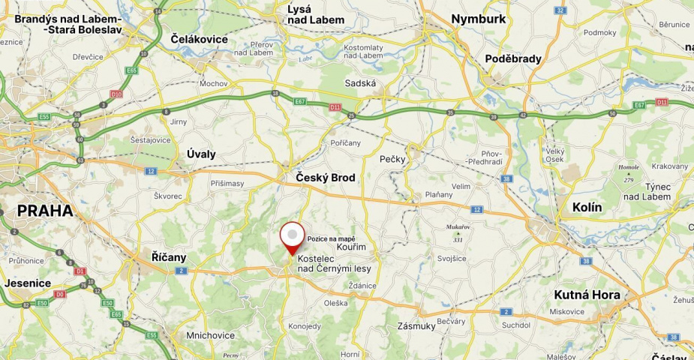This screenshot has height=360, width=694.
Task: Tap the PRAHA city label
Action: pos(46,211)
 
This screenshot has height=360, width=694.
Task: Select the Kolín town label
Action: pos(587,207)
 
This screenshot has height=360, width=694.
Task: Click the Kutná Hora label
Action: pos(587,295)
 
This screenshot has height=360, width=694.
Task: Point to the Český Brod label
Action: pos(325,178)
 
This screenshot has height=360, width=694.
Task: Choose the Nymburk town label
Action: pos(478,19)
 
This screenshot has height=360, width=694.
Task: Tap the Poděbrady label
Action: pos(513,58)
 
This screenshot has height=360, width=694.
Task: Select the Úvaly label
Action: pos(200,154)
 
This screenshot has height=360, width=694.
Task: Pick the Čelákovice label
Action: pos(200,38)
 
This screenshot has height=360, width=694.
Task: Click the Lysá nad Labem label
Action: pos(316,14)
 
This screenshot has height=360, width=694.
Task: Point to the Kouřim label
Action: pos(351,246)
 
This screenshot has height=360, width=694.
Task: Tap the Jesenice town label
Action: pos(28,283)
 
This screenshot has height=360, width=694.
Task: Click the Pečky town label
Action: pos(392,159)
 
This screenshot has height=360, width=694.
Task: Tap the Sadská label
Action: pos(360,83)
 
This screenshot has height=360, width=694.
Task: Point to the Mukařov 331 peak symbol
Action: pos(458,233)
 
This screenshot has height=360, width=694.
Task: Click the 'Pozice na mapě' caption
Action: pos(331,238)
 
